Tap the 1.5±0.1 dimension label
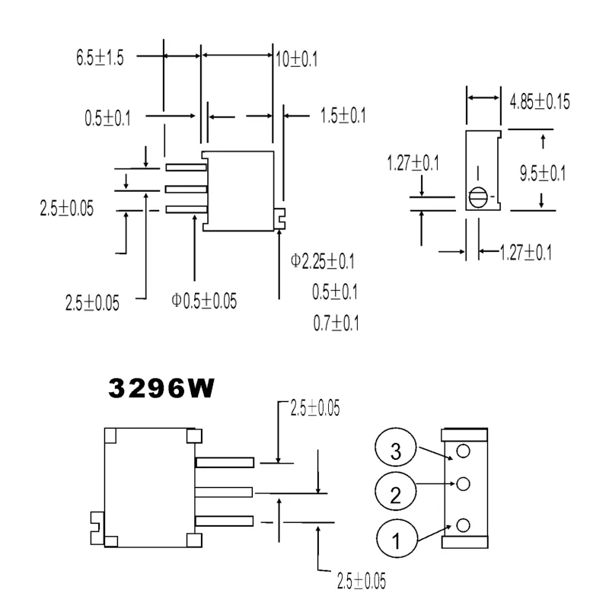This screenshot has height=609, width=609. click(x=343, y=116)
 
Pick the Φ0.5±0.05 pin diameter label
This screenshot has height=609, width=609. click(x=204, y=301)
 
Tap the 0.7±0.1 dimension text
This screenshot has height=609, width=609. click(x=336, y=324)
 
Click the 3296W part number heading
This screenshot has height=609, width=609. click(x=161, y=389)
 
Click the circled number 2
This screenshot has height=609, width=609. click(x=395, y=495)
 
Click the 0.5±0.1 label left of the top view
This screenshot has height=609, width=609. click(x=107, y=119)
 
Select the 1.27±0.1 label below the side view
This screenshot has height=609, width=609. click(x=526, y=250)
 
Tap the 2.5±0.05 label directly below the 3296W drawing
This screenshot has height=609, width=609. click(x=360, y=581)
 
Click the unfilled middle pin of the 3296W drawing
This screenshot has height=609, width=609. click(x=225, y=492)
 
